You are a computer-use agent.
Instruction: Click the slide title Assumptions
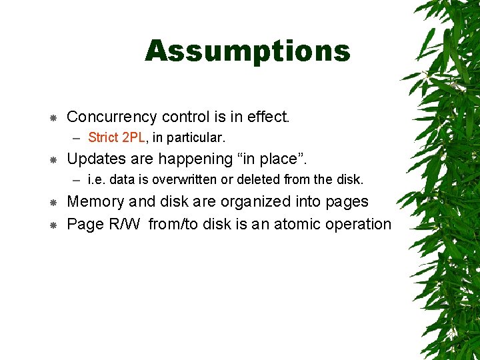(247, 51)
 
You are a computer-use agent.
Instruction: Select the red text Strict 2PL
(116, 138)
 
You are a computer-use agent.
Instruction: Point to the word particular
(198, 139)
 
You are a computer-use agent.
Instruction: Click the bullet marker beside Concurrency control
(52, 118)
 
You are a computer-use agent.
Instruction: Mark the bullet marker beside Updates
(52, 160)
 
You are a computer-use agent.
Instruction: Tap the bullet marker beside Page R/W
(52, 225)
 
